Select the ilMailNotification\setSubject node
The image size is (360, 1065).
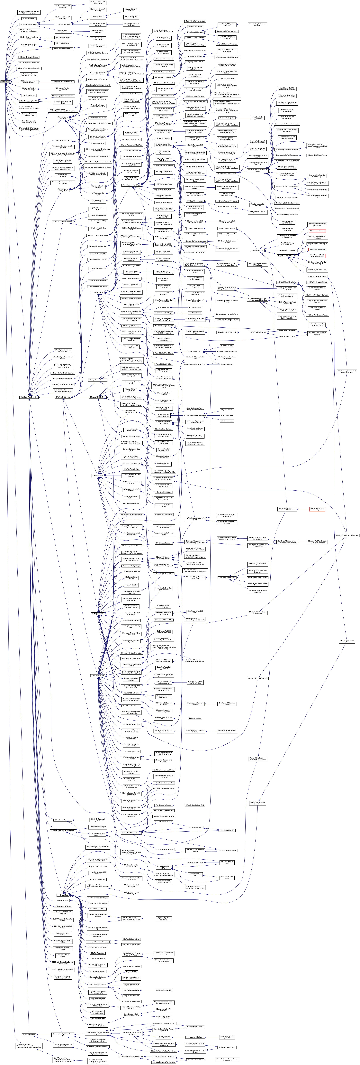point(63,118)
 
